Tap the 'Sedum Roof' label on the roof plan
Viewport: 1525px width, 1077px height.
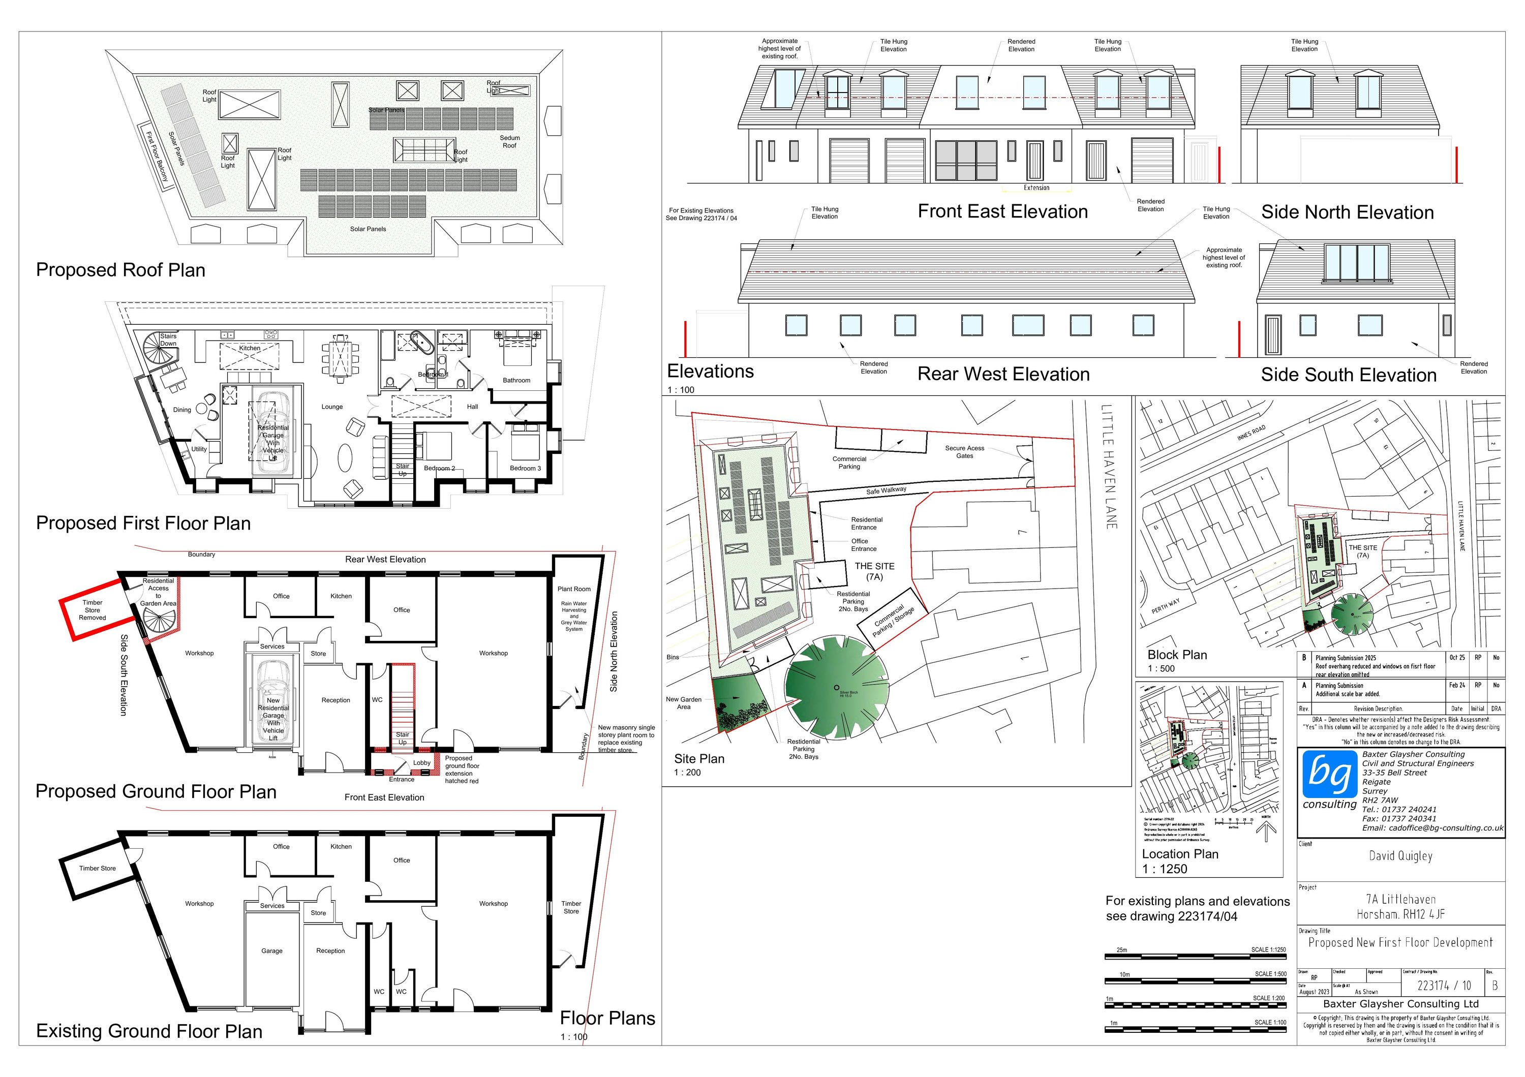coord(509,141)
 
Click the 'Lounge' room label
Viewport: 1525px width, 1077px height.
coord(332,407)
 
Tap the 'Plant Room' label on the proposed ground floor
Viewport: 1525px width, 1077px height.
coord(574,589)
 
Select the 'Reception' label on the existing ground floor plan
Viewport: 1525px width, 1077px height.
coord(330,951)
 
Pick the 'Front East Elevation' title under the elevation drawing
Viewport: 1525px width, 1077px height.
coord(1002,212)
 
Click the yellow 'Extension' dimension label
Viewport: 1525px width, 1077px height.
coord(1036,188)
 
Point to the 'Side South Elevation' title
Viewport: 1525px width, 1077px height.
coord(1348,375)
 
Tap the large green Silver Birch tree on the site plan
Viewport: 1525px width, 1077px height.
coord(836,689)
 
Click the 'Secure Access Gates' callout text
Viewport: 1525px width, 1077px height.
coord(964,452)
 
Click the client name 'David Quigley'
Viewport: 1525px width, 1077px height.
coord(1400,856)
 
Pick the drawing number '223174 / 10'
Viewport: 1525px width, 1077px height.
coord(1444,986)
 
